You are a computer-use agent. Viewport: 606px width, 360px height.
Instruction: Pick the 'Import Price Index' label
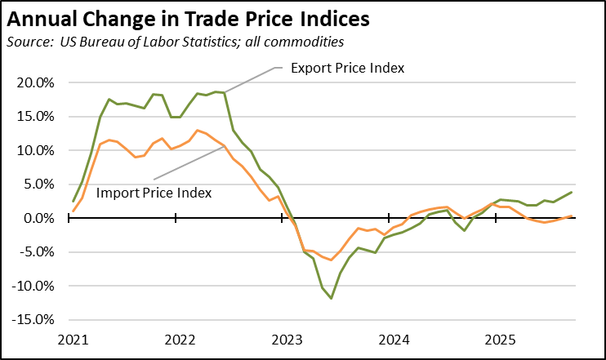[x=154, y=193]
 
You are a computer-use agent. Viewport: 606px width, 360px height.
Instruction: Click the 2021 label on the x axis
[x=72, y=338]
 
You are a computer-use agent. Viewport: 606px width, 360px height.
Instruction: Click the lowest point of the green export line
[x=331, y=298]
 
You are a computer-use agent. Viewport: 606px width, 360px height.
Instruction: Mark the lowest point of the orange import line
[x=331, y=260]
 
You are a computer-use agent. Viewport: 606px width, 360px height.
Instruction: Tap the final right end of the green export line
[x=571, y=192]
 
